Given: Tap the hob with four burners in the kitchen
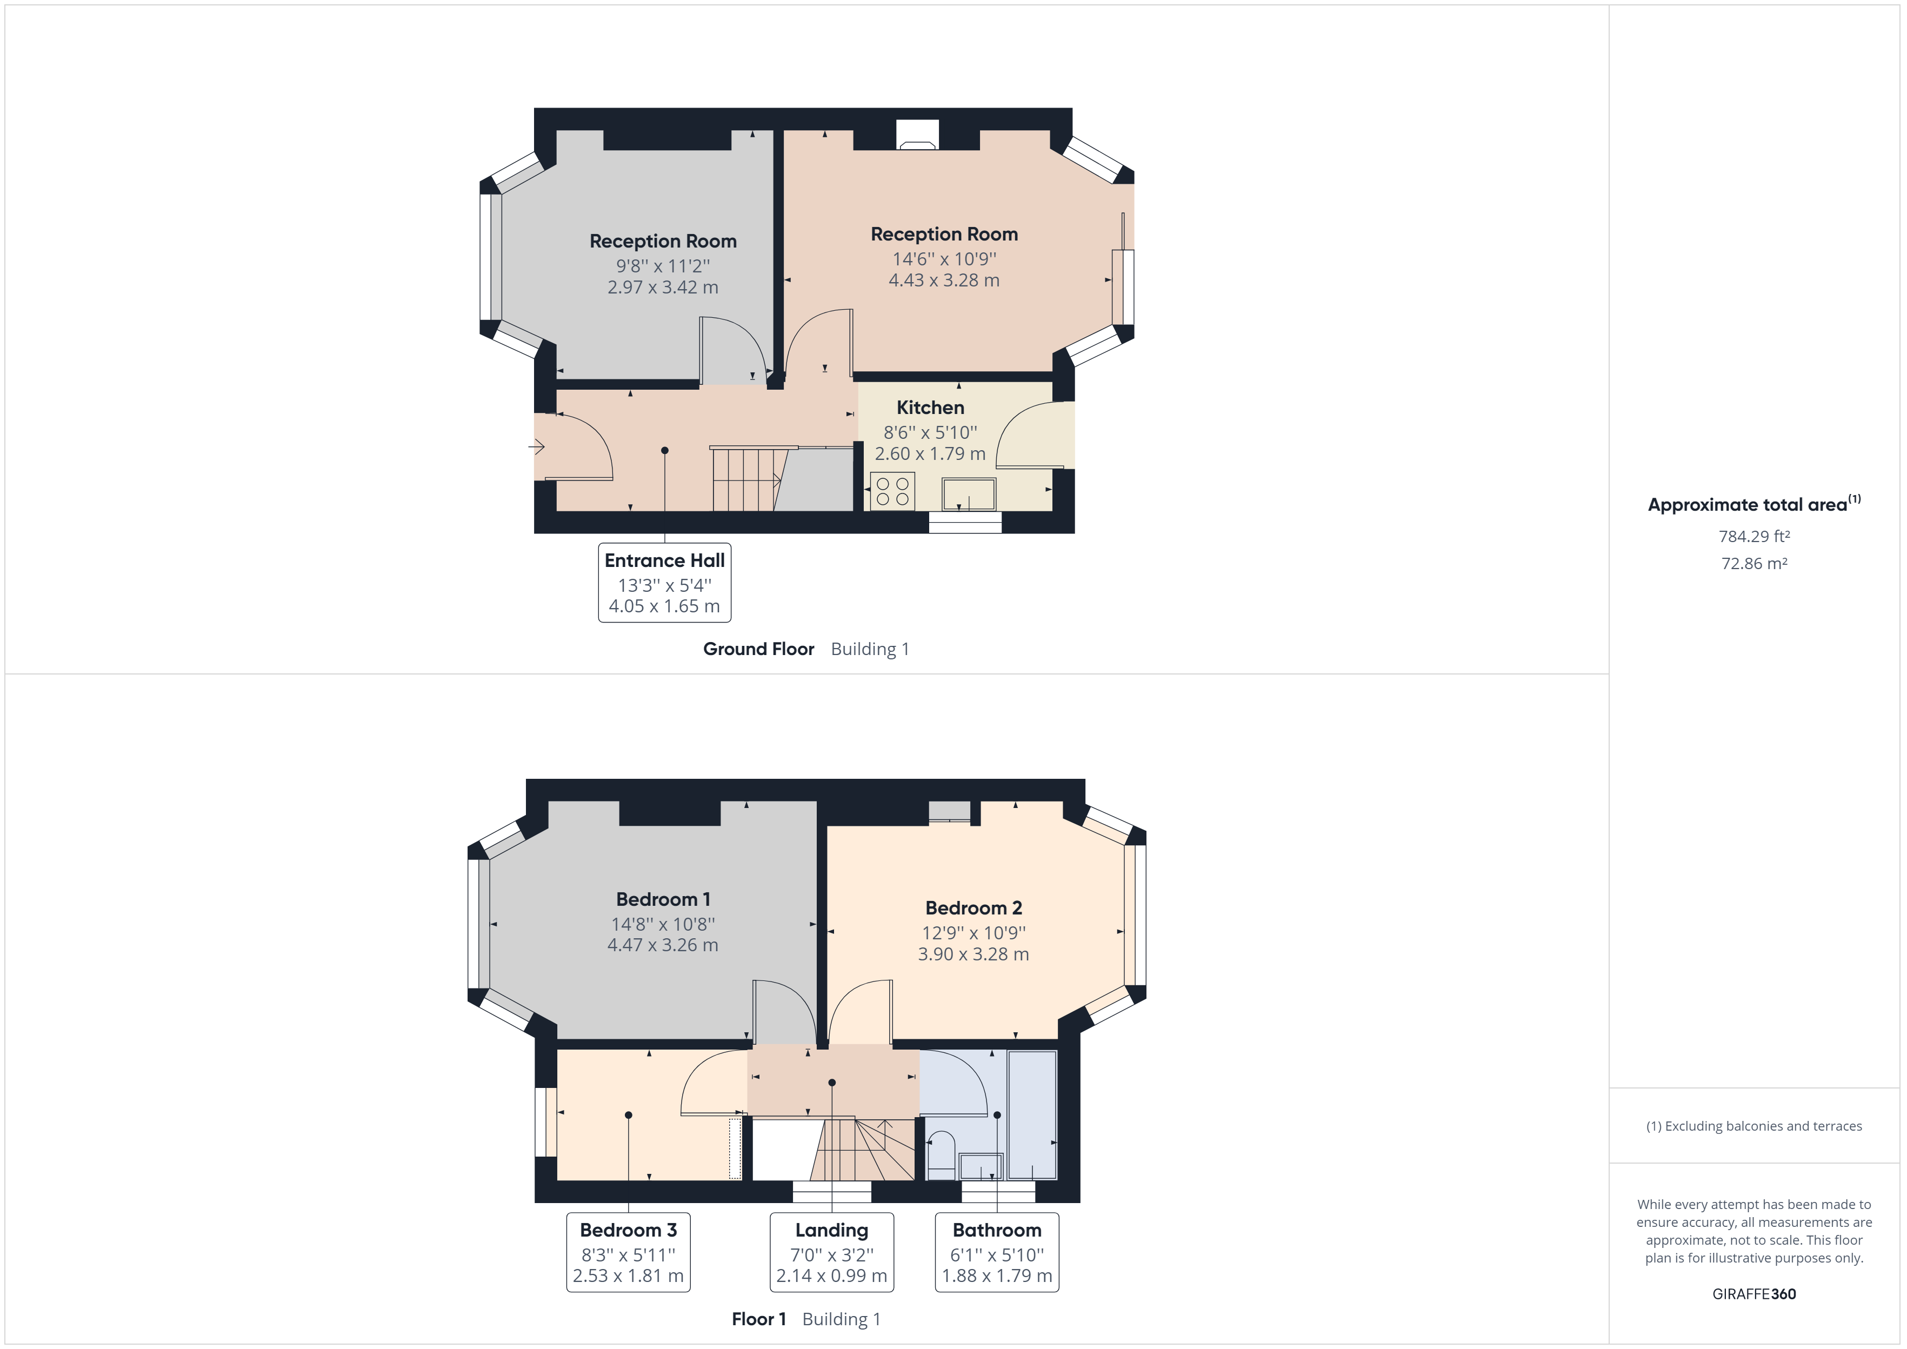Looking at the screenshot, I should pyautogui.click(x=892, y=491).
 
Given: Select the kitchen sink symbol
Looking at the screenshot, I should pyautogui.click(x=969, y=494).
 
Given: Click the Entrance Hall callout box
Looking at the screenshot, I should pyautogui.click(x=664, y=582).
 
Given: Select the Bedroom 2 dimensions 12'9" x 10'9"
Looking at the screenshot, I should pyautogui.click(x=973, y=933).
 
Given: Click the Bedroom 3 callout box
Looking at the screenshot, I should pyautogui.click(x=628, y=1252).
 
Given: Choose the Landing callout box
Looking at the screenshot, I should pyautogui.click(x=831, y=1252).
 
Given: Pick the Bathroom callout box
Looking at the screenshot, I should pyautogui.click(x=997, y=1252).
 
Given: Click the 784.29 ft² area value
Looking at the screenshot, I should pyautogui.click(x=1753, y=537).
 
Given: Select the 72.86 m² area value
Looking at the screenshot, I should pyautogui.click(x=1753, y=563).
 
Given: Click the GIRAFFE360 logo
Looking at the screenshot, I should pyautogui.click(x=1753, y=1293).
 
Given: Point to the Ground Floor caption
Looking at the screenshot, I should pyautogui.click(x=758, y=649).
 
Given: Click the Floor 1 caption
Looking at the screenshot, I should pyautogui.click(x=758, y=1319).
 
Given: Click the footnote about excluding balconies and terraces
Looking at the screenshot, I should pyautogui.click(x=1753, y=1126).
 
